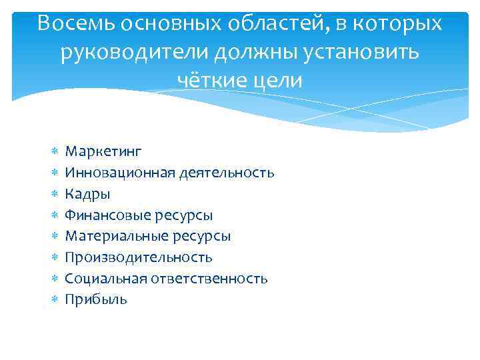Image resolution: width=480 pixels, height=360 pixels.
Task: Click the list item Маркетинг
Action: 103,152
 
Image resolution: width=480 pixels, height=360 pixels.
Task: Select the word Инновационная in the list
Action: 120,173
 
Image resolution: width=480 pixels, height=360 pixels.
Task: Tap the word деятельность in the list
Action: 226,173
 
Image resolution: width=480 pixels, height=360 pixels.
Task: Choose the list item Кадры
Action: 88,194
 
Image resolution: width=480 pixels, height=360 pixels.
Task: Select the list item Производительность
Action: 139,257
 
